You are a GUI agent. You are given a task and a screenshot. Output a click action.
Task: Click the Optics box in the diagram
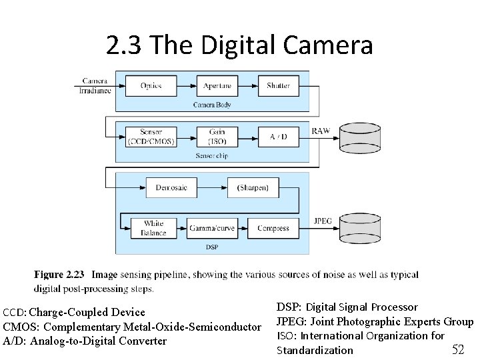[x=151, y=86]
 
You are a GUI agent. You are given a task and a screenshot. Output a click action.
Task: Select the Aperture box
[x=217, y=86]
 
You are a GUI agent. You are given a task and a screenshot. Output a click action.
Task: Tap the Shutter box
[x=279, y=86]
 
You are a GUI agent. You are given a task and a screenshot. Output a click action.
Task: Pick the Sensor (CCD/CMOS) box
[x=151, y=137]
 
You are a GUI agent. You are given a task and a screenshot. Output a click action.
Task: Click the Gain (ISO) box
[x=217, y=137]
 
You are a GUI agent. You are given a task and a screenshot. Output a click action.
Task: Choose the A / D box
[x=279, y=137]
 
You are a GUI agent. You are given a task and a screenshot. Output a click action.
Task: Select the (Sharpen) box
[x=253, y=187]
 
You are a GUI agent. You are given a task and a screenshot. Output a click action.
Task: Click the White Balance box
[x=153, y=228]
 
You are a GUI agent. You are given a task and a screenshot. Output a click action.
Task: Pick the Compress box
[x=273, y=228]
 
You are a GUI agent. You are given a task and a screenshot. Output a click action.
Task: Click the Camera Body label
[x=212, y=105]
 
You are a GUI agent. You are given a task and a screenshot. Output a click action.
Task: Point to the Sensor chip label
[x=212, y=155]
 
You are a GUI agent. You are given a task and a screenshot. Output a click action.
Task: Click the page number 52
[x=458, y=349]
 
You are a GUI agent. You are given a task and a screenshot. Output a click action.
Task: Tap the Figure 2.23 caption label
[x=59, y=275]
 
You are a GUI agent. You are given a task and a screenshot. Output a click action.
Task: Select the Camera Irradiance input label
[x=95, y=86]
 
